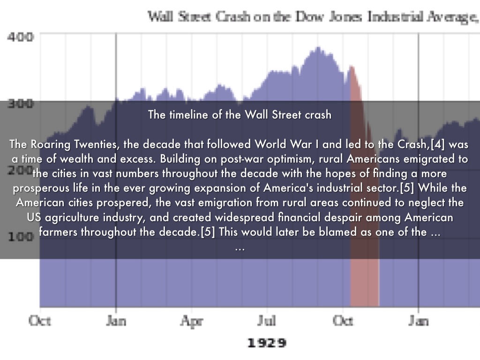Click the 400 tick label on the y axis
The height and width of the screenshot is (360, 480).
pos(19,37)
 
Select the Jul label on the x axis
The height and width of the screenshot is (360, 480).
pos(267,321)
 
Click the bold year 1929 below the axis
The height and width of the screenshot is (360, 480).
pos(267,343)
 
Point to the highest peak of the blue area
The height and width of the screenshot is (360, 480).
pos(318,47)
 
